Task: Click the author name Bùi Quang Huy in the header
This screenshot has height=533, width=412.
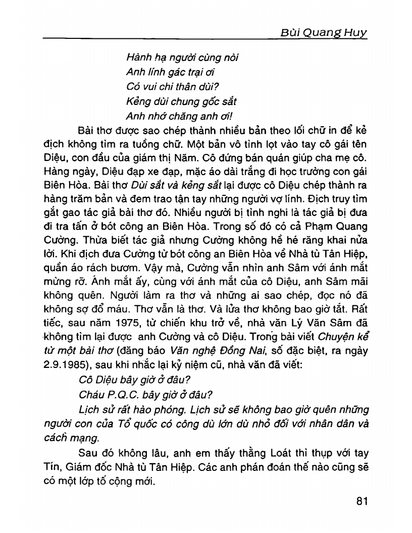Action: tap(323, 34)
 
